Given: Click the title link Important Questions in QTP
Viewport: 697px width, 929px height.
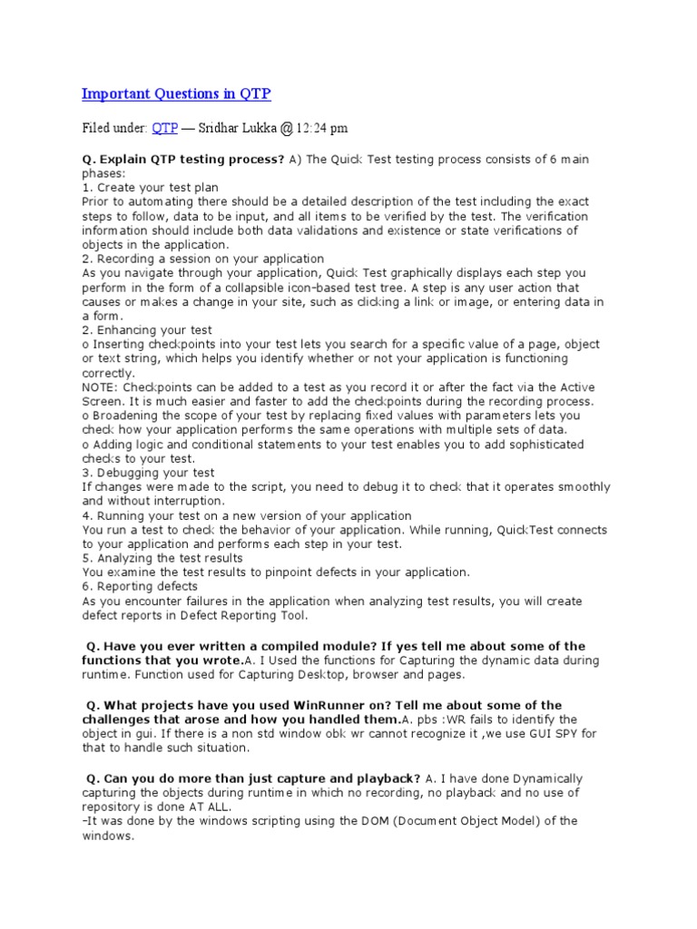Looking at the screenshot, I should (x=176, y=94).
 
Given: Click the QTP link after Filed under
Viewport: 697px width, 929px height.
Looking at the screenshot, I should (x=164, y=128).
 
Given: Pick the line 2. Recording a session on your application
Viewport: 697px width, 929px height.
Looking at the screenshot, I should (x=202, y=259).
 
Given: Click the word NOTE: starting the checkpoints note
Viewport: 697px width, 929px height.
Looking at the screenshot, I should (x=102, y=387).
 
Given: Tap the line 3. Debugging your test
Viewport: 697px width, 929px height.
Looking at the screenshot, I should (x=148, y=473).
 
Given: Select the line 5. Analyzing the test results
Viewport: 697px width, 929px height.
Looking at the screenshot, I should (x=162, y=558).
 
